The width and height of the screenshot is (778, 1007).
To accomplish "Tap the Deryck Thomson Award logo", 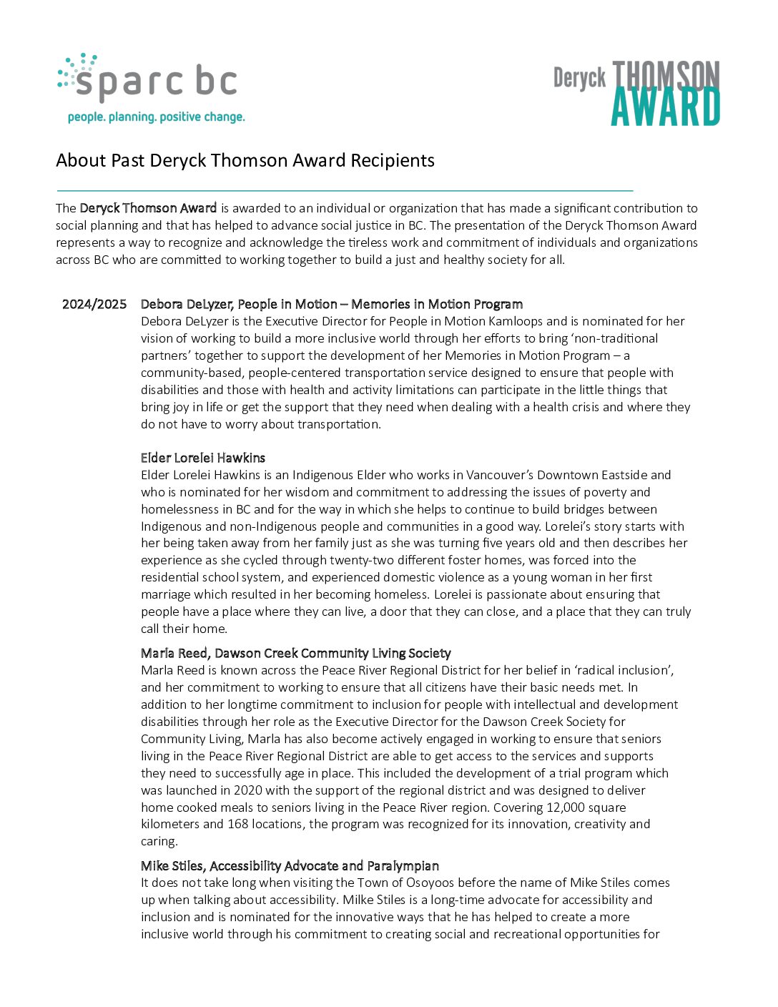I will point(636,93).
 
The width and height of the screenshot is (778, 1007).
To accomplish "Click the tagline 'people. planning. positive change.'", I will point(156,117).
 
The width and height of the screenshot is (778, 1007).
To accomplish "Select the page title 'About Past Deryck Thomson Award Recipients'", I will point(245,160).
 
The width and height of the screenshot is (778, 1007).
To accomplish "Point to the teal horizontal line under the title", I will point(344,191).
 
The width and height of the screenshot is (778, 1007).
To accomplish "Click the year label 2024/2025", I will point(94,304).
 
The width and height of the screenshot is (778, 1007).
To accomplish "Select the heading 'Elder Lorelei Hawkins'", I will point(203,458).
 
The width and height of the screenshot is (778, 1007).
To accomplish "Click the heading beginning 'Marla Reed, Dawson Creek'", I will point(295,653).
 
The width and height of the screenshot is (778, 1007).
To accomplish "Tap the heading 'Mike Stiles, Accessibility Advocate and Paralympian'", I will point(290,865).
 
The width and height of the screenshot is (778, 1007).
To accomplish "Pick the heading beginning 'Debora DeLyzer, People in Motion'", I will point(331,304).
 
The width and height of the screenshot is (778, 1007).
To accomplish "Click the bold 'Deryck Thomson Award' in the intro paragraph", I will point(148,208).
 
